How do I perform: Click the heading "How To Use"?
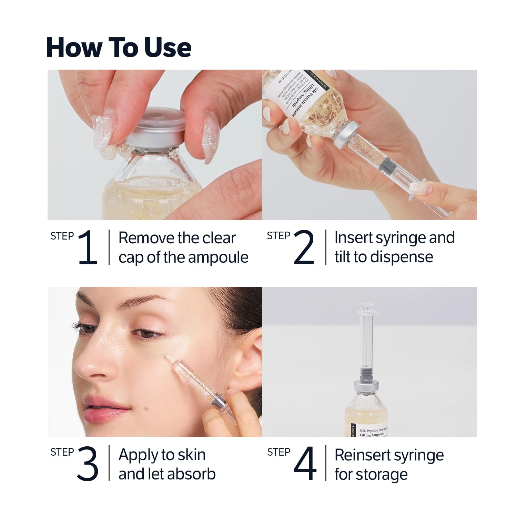[x=119, y=48]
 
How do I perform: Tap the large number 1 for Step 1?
[x=88, y=247]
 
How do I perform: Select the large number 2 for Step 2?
[x=304, y=247]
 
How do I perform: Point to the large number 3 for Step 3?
[x=88, y=464]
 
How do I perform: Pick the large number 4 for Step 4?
[x=305, y=464]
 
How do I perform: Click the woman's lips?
[x=103, y=408]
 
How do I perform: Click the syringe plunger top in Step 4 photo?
[x=365, y=306]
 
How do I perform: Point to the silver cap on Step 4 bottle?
[x=365, y=385]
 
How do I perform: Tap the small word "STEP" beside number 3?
[x=62, y=452]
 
